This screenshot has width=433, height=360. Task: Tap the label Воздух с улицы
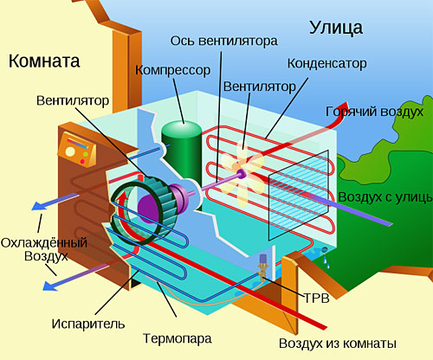[x=385, y=196]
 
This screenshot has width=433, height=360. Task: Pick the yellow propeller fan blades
[x=239, y=167]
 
